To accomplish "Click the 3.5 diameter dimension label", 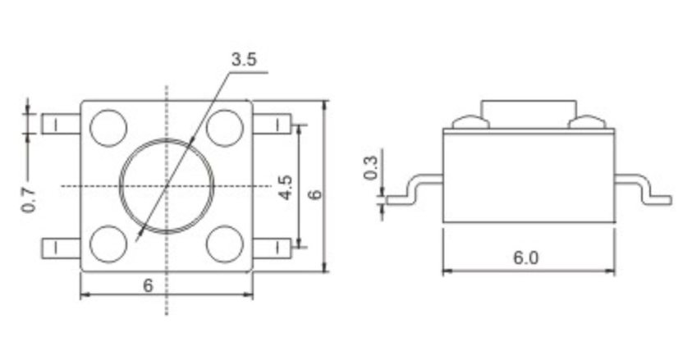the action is tap(244, 60).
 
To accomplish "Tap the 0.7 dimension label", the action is tap(29, 199).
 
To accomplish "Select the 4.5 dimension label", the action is tap(286, 187).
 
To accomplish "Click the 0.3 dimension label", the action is tap(371, 168).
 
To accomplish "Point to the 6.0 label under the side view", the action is tap(526, 257).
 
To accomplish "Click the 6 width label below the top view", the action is tap(149, 285).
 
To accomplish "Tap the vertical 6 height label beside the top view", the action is tap(315, 194).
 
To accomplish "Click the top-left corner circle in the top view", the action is tap(108, 128).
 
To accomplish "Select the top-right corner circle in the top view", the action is tap(225, 128).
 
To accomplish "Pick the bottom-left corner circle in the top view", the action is tap(108, 244).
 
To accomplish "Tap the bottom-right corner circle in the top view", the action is tap(225, 244).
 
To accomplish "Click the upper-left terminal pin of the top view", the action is tap(61, 124).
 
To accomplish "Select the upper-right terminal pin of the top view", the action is tap(273, 124).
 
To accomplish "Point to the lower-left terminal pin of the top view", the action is tap(61, 248).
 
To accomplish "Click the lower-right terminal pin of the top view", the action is tap(273, 248).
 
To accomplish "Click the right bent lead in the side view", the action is tap(643, 189).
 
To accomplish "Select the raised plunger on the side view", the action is tap(529, 115).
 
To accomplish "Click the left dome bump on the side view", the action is tap(471, 122).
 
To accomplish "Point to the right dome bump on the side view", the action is tap(588, 122).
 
